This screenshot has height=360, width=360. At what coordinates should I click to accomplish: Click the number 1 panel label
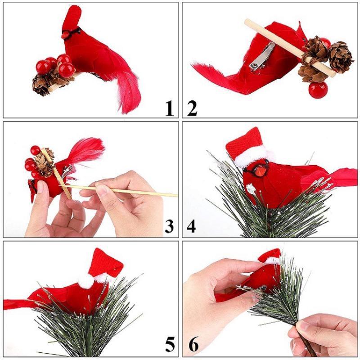(169, 108)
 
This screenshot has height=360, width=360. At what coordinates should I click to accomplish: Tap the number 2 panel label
(192, 108)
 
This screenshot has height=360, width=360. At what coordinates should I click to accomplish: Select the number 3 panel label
(169, 226)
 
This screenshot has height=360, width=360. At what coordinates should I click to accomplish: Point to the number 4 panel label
(192, 226)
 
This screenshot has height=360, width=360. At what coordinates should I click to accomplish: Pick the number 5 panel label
(169, 344)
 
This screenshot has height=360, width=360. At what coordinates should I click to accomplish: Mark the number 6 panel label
(193, 344)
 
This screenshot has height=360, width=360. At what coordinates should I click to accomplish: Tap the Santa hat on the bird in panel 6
(270, 256)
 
